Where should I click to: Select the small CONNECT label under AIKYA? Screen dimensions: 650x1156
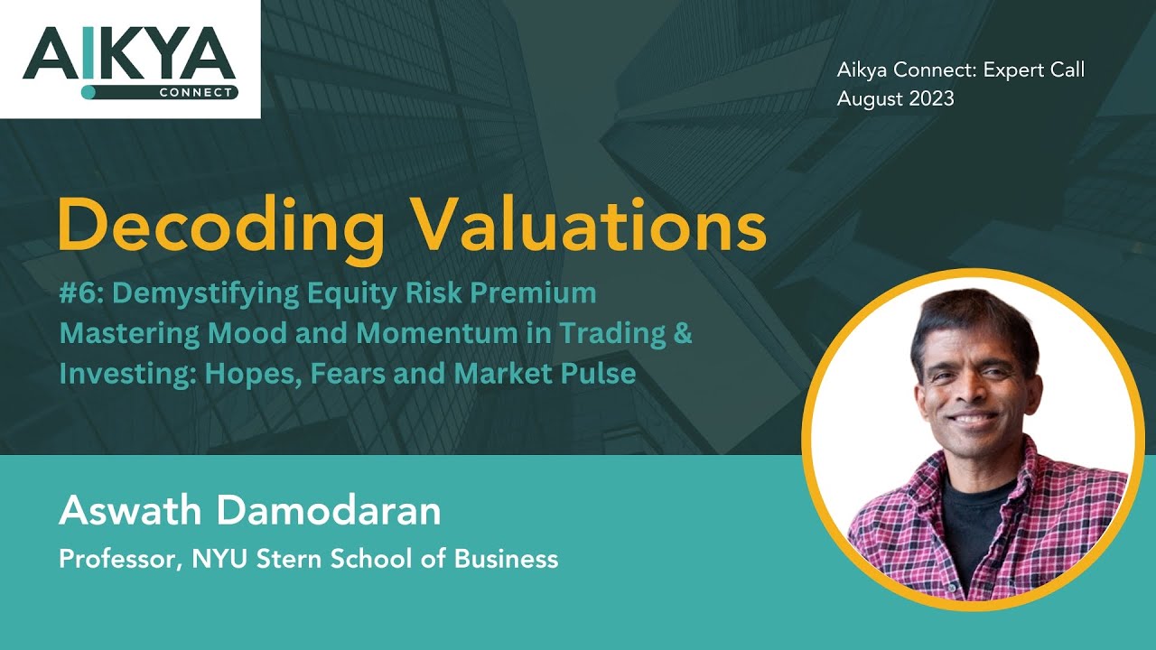(x=199, y=92)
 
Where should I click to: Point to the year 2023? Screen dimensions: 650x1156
(x=926, y=99)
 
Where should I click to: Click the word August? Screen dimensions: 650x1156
(x=865, y=99)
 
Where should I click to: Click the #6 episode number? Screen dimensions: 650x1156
(x=76, y=293)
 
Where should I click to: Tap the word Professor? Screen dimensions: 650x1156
(x=118, y=559)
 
